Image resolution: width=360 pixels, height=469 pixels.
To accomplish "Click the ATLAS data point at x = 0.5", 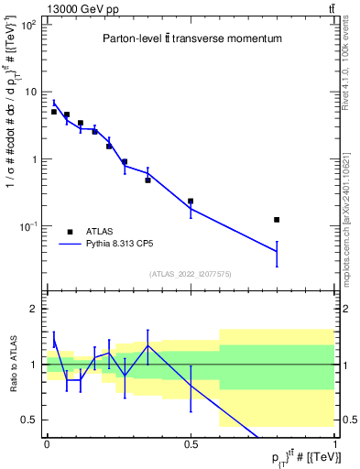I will (x=191, y=201).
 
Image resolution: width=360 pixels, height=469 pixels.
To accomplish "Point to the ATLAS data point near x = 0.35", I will (x=147, y=180).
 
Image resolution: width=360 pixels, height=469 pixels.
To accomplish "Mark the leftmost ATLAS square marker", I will (x=54, y=112).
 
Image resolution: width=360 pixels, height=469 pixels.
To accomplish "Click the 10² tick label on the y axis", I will (x=28, y=25).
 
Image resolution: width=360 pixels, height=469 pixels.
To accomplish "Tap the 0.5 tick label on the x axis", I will (x=191, y=444).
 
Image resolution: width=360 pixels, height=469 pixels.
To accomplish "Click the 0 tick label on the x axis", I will (x=47, y=444).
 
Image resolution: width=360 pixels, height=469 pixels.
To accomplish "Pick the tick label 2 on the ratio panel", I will (x=34, y=309).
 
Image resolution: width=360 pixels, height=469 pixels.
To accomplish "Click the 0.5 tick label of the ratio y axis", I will (x=29, y=420).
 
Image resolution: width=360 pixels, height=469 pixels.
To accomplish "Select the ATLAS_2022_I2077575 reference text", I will (x=191, y=274).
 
